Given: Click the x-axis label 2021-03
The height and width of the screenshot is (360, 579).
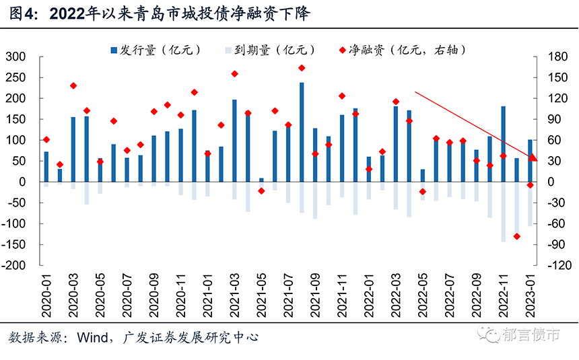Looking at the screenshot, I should coord(234,293).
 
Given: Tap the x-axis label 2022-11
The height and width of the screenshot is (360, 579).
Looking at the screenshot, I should coord(503,293).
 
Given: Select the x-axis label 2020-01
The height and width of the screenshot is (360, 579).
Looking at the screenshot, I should coord(46,293).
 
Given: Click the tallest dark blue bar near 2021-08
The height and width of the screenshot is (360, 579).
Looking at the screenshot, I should coord(302,132).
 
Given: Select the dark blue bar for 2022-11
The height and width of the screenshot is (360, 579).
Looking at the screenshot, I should coord(503,143).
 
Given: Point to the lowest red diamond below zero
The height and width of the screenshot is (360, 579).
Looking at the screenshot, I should coord(516,236).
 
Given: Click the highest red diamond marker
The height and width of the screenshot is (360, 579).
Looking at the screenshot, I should coord(302,68).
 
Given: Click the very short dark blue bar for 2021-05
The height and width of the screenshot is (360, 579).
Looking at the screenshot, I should coord(261,180).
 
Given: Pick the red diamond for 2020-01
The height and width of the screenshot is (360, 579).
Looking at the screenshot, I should coord(46,139).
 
